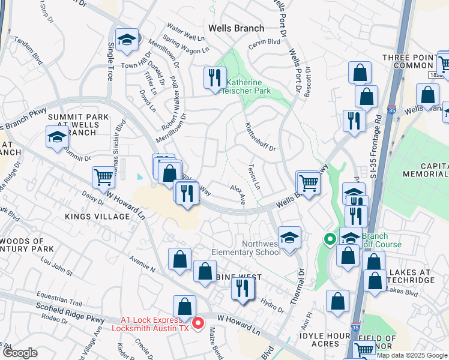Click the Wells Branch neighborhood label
[x=236, y=28]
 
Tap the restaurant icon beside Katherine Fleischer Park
[x=213, y=77]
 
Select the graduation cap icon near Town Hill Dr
[x=127, y=40]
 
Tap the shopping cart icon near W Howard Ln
[x=103, y=177]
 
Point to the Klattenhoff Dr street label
[x=259, y=137]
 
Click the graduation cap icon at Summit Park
[x=57, y=137]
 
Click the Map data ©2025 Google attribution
[x=411, y=355]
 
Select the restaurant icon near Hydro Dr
[x=243, y=287]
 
